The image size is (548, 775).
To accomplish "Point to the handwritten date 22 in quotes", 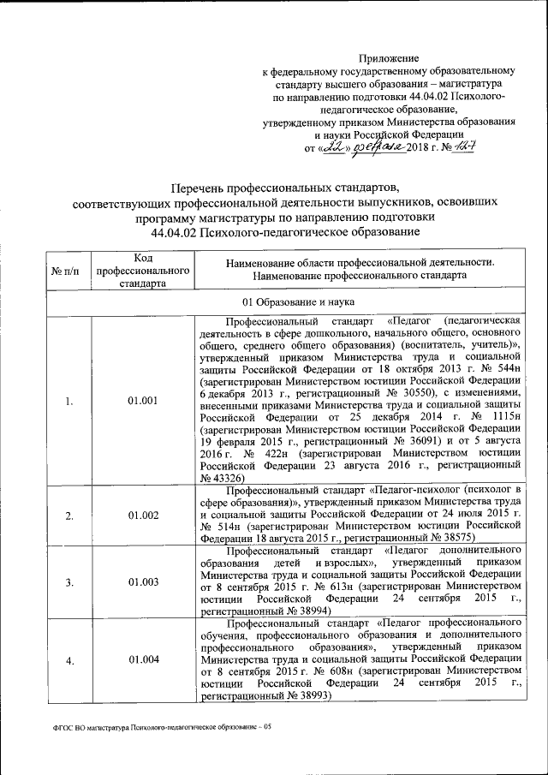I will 328,149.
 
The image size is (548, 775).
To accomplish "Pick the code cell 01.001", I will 143,399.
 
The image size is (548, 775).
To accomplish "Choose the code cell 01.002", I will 143,515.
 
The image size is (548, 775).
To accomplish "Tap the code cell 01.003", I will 143,582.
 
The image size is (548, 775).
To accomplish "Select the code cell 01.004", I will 143,660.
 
